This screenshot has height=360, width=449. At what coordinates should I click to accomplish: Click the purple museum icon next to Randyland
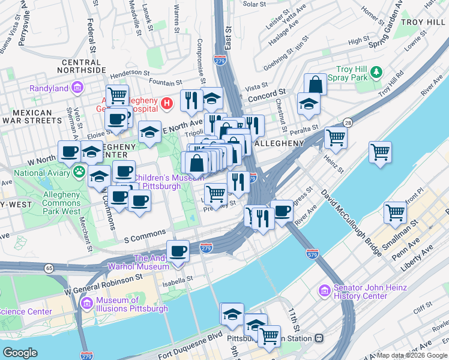tap(77, 88)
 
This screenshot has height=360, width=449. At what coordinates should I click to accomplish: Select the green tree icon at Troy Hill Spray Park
tap(376, 73)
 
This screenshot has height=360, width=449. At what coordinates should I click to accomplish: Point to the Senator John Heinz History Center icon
tap(325, 292)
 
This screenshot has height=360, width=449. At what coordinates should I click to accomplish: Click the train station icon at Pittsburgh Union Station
tap(319, 338)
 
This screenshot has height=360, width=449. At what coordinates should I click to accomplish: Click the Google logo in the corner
tap(20, 353)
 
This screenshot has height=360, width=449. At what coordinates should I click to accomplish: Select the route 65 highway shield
tap(49, 268)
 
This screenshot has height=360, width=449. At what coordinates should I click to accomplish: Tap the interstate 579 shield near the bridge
tap(312, 254)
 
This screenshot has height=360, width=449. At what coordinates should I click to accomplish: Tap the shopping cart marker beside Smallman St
tap(395, 212)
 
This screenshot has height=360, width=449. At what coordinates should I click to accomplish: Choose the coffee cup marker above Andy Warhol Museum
tap(178, 250)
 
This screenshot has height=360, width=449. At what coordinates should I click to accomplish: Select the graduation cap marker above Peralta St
tap(309, 104)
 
